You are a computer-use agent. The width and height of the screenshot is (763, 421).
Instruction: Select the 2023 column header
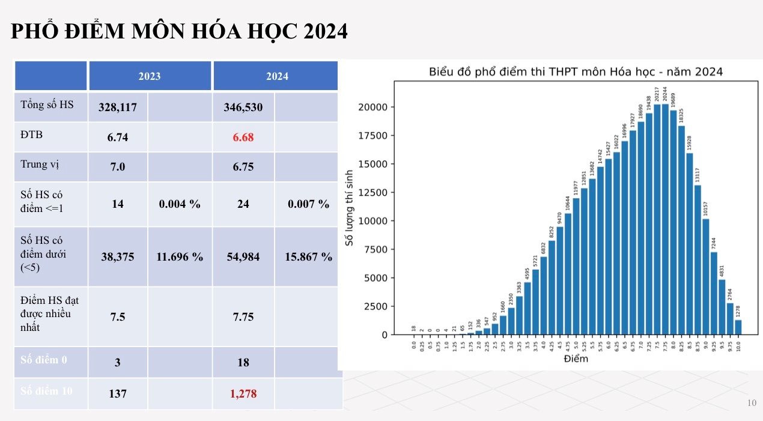click(150, 76)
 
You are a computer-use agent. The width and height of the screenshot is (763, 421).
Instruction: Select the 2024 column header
click(277, 76)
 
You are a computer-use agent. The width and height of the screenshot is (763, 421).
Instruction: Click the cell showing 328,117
click(118, 108)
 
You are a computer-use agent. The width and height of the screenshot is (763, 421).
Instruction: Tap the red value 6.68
click(243, 137)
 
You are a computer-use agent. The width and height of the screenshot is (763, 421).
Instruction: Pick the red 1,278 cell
click(243, 393)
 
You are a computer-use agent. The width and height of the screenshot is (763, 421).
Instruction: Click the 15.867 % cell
click(309, 257)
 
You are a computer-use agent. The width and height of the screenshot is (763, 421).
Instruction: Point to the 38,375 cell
click(118, 257)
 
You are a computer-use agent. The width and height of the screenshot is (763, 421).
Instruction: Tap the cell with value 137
click(118, 393)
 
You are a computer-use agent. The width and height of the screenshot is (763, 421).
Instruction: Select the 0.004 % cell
click(180, 204)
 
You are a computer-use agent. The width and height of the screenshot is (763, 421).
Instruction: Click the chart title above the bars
click(576, 72)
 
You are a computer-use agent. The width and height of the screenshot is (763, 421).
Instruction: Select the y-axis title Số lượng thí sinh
click(349, 208)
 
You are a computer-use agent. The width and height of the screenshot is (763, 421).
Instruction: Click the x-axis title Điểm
click(576, 359)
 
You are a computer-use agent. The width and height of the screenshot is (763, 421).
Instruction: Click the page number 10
click(752, 403)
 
